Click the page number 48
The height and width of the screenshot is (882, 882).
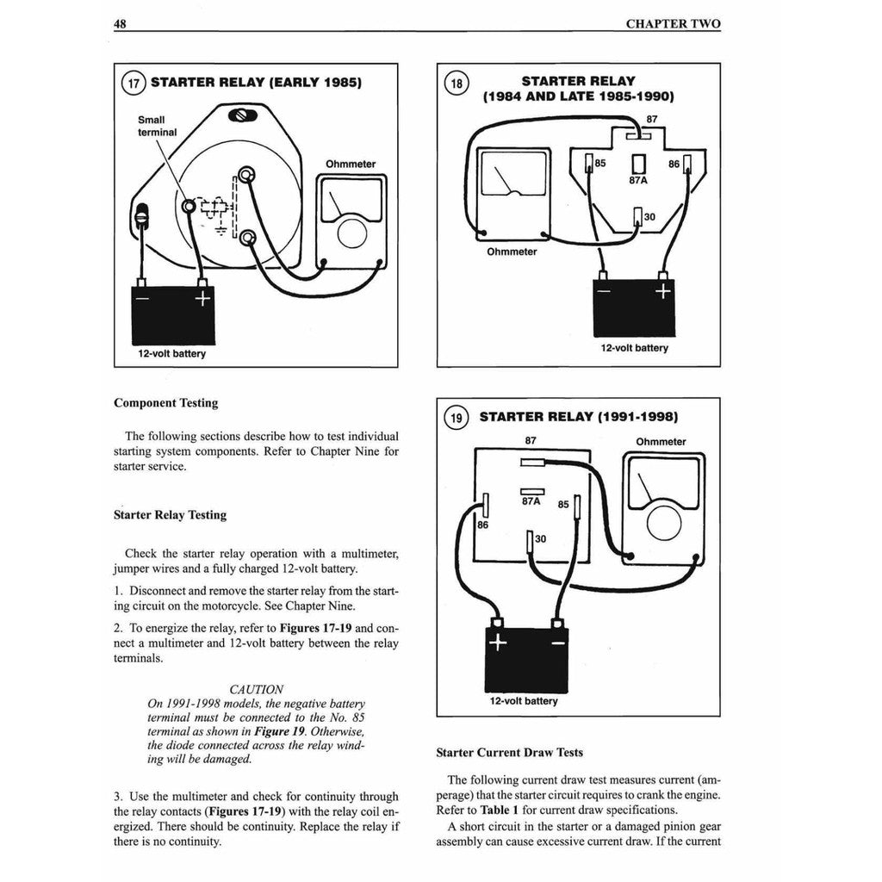point(121,24)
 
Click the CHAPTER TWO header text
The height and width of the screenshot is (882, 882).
point(673,24)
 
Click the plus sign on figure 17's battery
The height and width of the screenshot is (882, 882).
point(202,299)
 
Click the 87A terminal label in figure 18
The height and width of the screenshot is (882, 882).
point(638,182)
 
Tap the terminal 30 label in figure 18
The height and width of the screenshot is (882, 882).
point(649,217)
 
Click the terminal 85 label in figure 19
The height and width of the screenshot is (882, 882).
point(563,504)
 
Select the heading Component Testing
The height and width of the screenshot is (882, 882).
point(165,402)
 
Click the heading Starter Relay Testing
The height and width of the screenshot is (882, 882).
point(170,514)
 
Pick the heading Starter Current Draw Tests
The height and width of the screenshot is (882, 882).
point(509,752)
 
